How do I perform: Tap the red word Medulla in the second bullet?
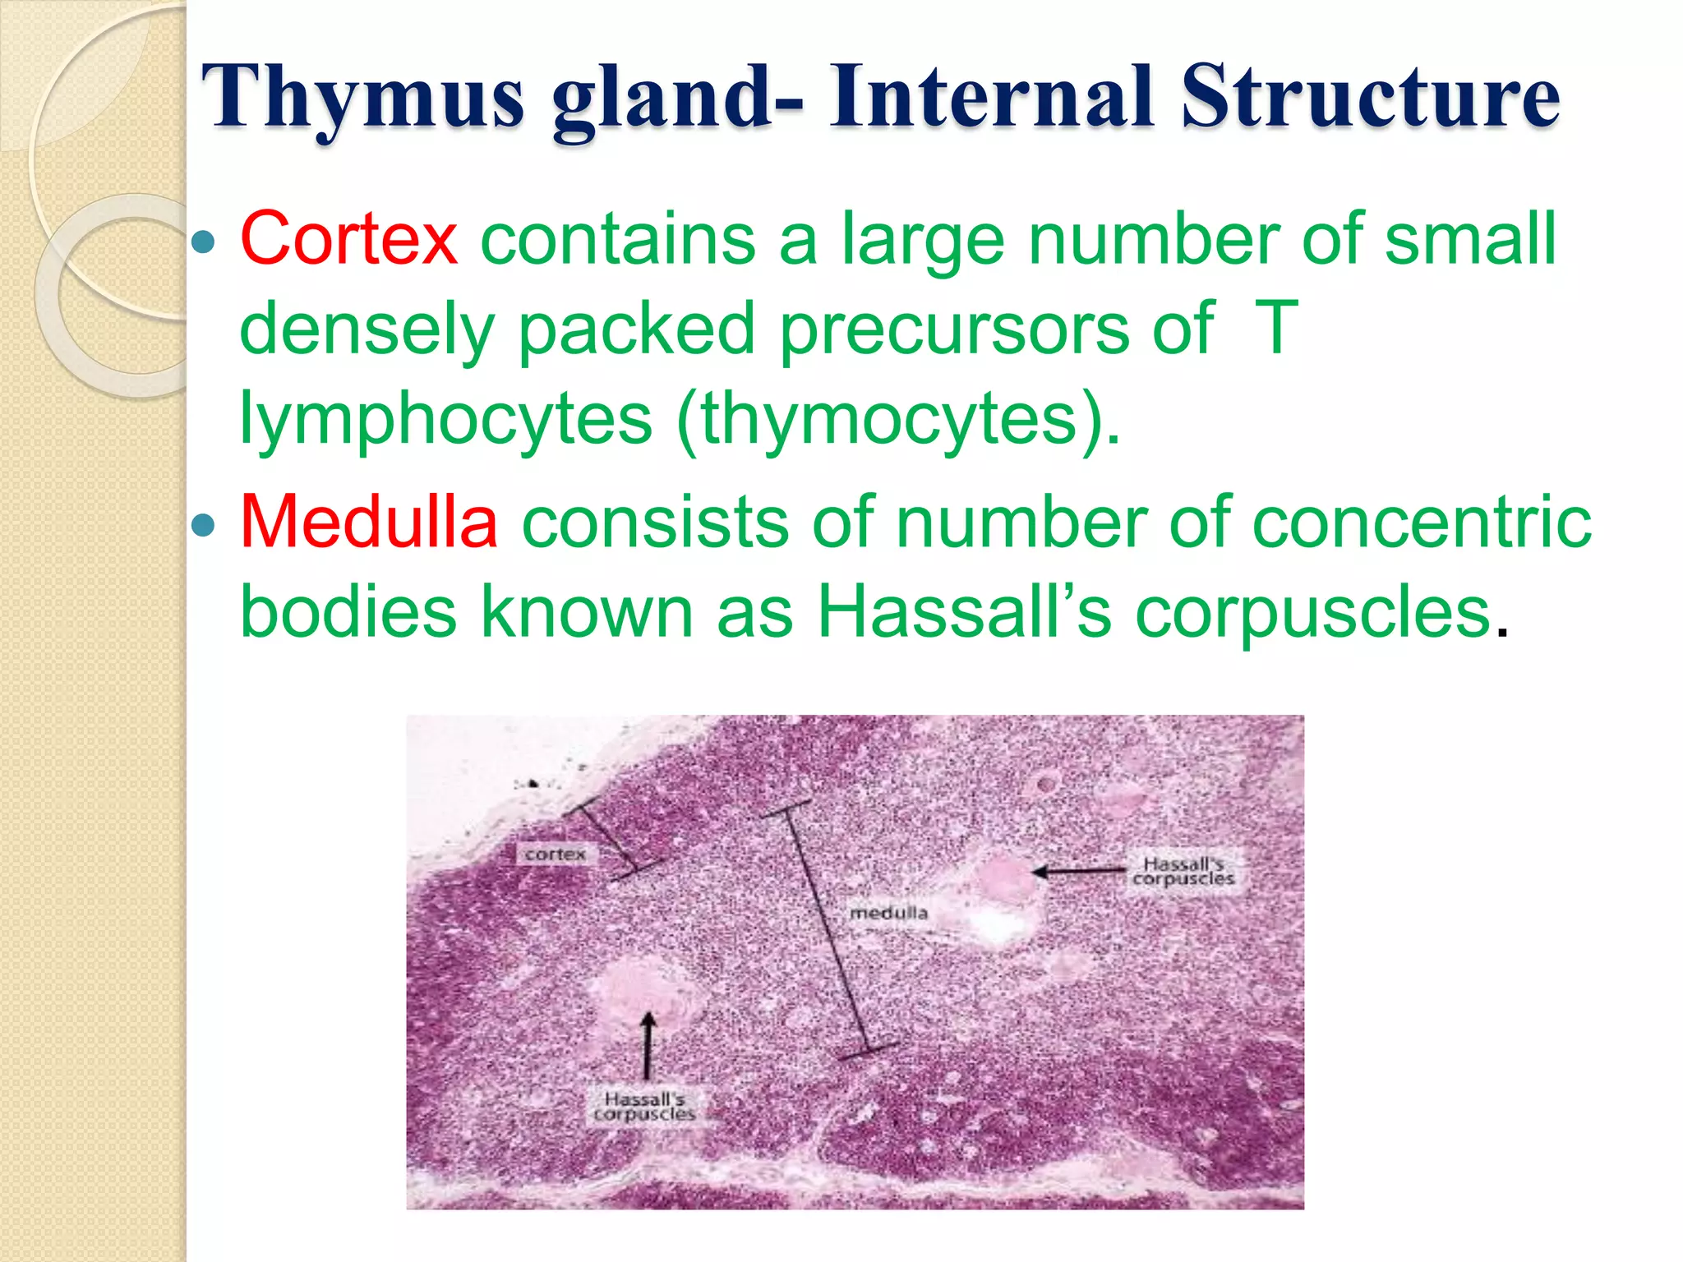click(369, 522)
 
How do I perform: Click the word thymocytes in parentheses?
click(888, 419)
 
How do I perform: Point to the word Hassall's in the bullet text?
click(964, 612)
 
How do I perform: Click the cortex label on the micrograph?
click(556, 854)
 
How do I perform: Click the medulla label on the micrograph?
click(888, 913)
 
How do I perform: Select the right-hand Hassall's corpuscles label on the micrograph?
click(1183, 871)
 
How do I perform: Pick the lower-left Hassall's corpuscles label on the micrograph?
click(644, 1106)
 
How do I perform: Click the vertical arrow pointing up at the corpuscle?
click(648, 1044)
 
